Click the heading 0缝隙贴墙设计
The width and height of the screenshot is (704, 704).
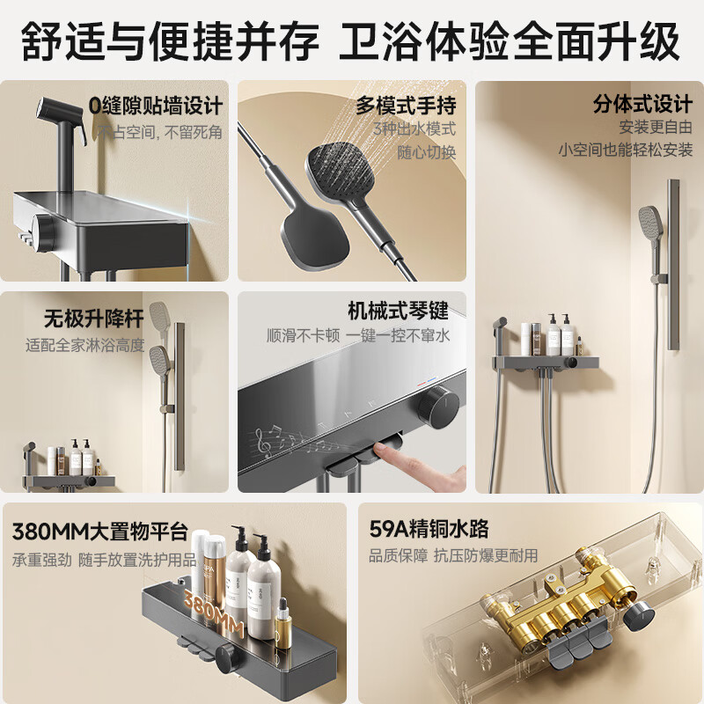155,107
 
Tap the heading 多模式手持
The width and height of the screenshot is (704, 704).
406,106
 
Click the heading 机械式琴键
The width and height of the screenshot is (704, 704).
398,311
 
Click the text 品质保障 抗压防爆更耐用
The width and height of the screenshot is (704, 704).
453,556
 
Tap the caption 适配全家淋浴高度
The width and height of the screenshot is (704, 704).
85,345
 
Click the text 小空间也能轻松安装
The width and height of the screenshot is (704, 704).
626,150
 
